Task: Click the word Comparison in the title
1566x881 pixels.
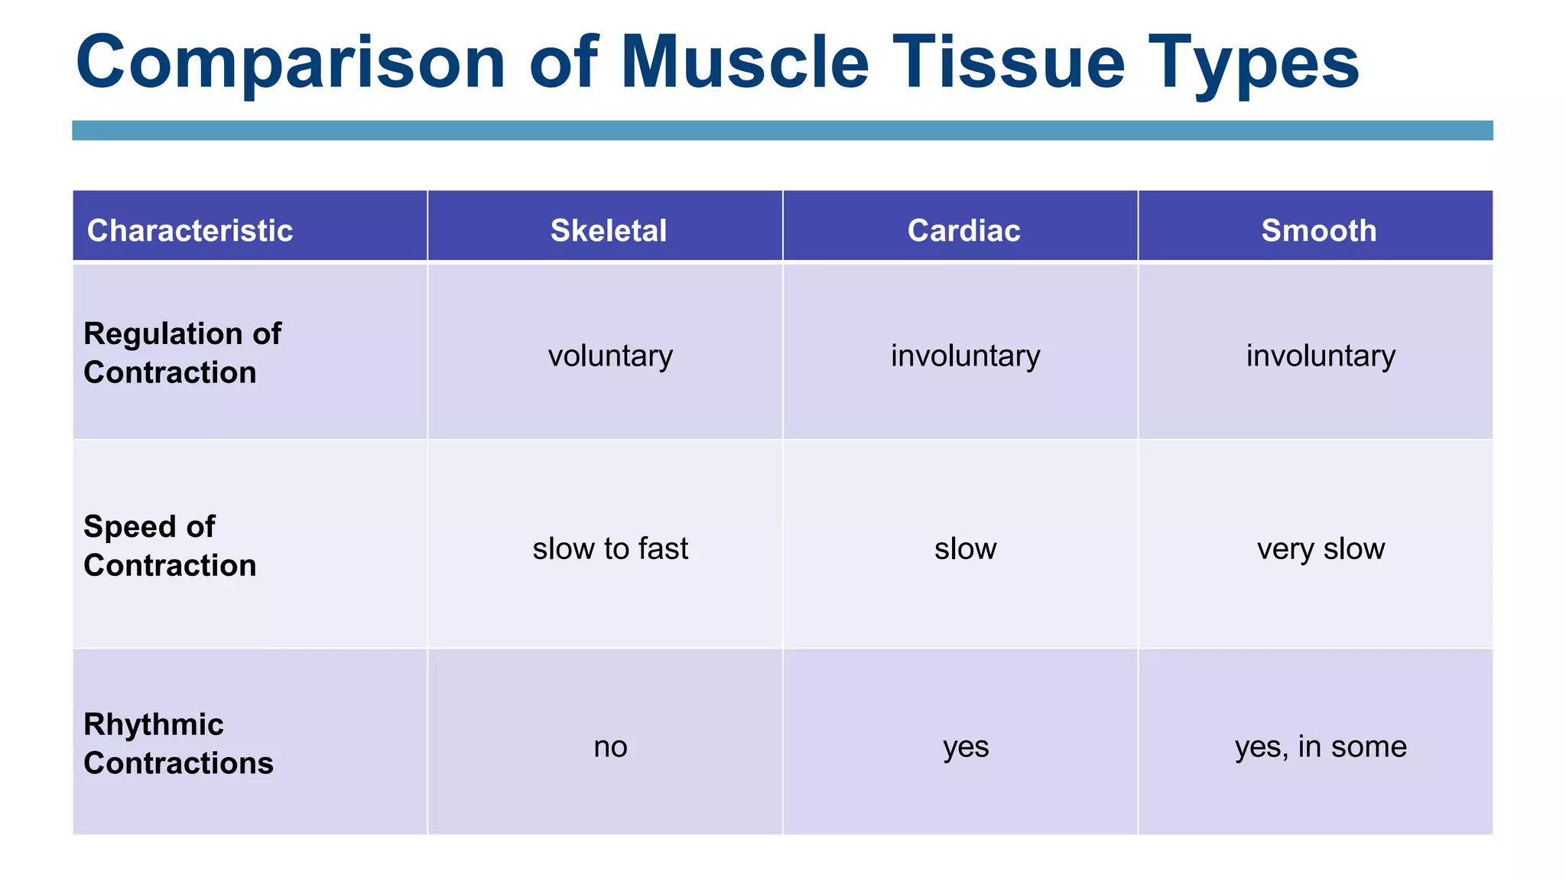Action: tap(291, 63)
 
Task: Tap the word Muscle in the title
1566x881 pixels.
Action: tap(745, 63)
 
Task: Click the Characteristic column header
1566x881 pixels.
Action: tap(190, 230)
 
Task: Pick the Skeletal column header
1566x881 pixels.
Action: tap(609, 230)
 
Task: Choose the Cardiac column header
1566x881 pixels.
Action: tap(963, 230)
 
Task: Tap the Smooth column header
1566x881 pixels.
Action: tap(1319, 230)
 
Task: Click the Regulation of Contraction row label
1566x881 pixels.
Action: tap(182, 353)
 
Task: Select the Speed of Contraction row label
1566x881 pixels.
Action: tap(170, 546)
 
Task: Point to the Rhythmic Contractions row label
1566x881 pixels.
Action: tap(178, 743)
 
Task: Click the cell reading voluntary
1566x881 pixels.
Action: tap(610, 356)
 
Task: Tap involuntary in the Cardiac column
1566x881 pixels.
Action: tap(965, 356)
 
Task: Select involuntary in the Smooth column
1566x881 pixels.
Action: tap(1321, 356)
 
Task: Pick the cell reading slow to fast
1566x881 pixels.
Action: tap(610, 548)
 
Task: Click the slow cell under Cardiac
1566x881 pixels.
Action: tap(965, 548)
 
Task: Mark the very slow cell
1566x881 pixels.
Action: tap(1321, 548)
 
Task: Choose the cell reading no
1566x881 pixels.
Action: tap(610, 746)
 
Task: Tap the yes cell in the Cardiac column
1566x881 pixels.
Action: tap(966, 746)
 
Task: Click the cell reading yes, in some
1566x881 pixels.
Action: tap(1321, 746)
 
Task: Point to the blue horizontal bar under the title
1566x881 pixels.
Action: tap(782, 130)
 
